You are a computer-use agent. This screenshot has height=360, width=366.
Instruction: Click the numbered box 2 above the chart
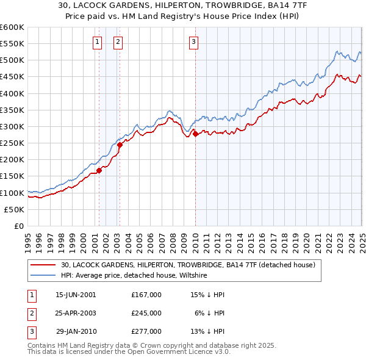pyautogui.click(x=118, y=42)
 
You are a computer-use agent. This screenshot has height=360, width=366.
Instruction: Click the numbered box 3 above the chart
pyautogui.click(x=193, y=42)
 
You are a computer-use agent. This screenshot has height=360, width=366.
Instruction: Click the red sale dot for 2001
pyautogui.click(x=99, y=170)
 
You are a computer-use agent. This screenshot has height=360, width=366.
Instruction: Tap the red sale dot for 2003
pyautogui.click(x=120, y=145)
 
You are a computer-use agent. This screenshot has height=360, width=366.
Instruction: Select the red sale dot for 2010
pyautogui.click(x=195, y=134)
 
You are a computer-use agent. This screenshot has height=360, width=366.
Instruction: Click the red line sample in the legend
pyautogui.click(x=43, y=265)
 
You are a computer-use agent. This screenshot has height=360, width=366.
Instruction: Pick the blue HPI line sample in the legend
pyautogui.click(x=43, y=276)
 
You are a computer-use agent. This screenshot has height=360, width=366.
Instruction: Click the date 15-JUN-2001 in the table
pyautogui.click(x=76, y=295)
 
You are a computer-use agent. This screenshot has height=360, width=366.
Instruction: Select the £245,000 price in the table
pyautogui.click(x=146, y=313)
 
